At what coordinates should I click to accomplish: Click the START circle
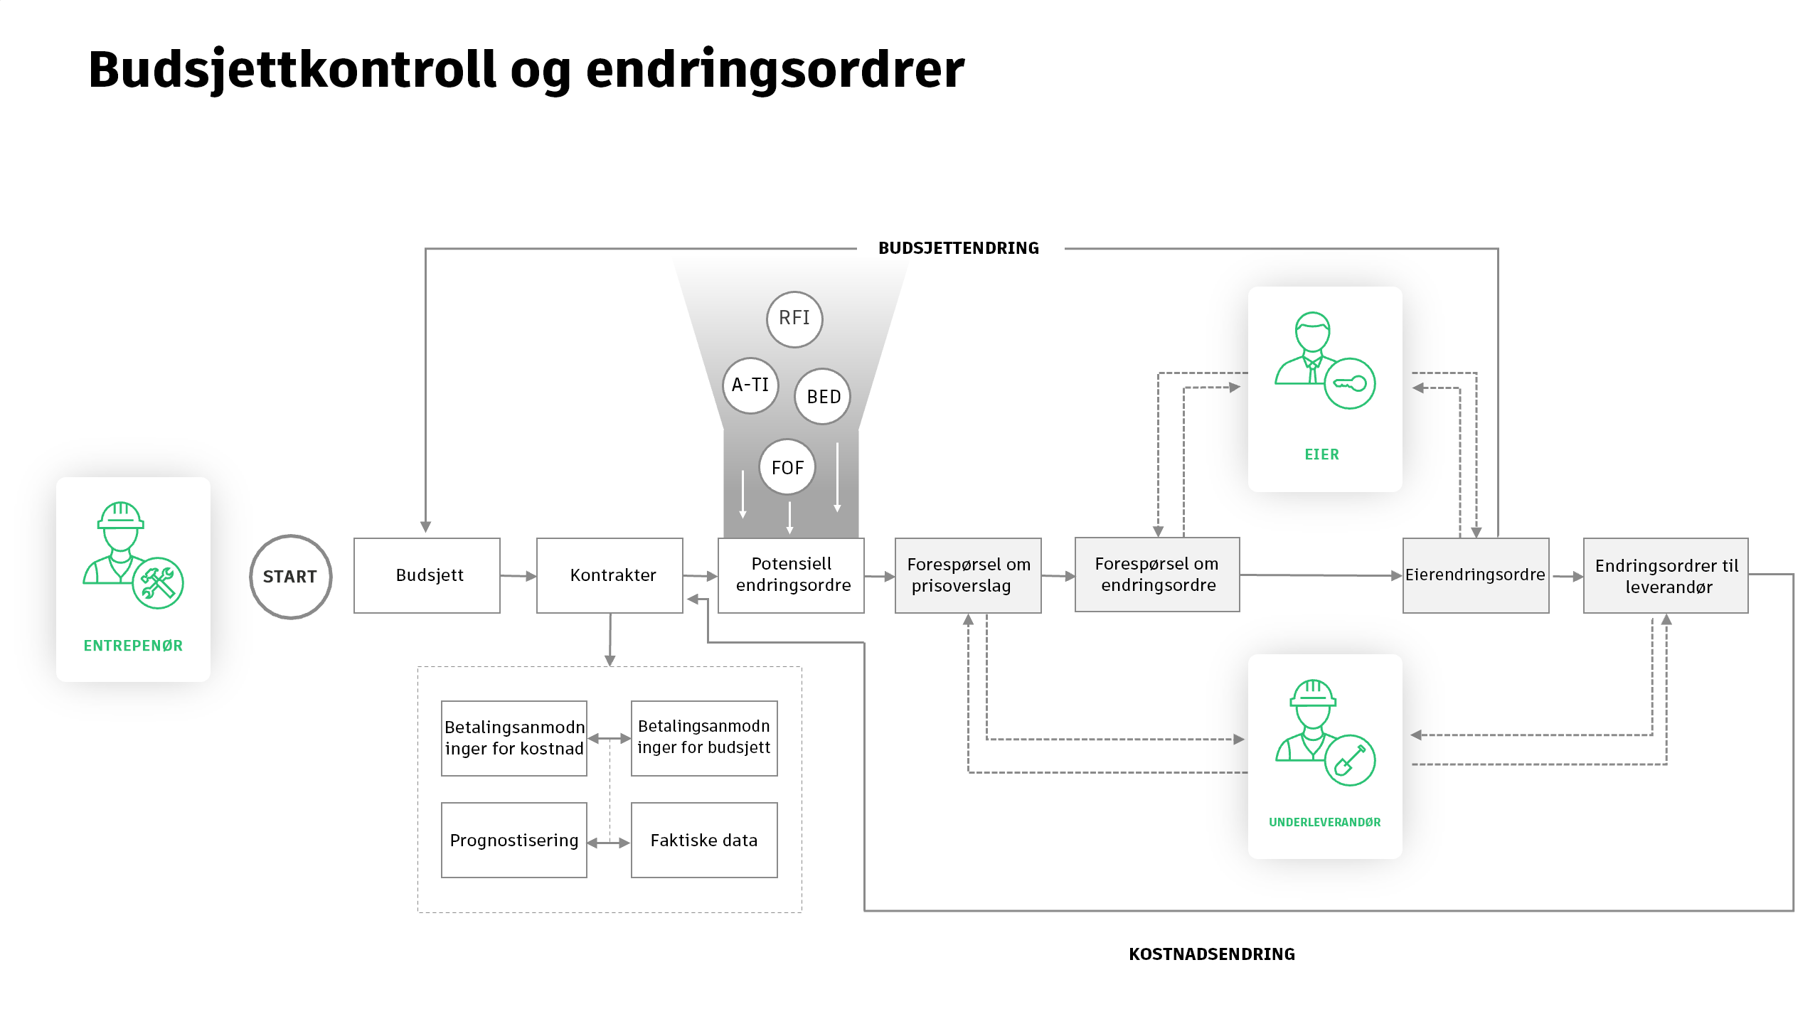point(290,576)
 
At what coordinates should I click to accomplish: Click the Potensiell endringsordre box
point(791,575)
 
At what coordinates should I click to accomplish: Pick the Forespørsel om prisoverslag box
point(968,575)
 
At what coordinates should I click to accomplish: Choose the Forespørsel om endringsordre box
point(1157,575)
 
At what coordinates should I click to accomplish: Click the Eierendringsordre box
point(1476,575)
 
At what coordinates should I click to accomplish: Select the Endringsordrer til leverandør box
point(1666,575)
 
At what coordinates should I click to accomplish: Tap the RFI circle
point(794,319)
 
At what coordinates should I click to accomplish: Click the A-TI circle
point(750,385)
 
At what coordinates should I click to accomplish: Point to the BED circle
point(823,397)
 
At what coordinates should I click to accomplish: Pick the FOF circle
point(787,468)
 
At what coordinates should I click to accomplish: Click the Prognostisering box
point(513,841)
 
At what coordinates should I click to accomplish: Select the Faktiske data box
point(704,841)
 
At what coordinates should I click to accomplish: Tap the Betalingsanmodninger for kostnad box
point(513,738)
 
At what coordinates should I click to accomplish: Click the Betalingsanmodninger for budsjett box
point(704,738)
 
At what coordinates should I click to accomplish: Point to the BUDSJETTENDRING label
point(959,248)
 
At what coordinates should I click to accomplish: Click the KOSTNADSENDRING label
point(1212,954)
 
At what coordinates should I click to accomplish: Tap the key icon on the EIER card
point(1350,384)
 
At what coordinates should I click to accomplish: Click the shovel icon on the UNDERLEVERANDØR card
point(1350,760)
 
